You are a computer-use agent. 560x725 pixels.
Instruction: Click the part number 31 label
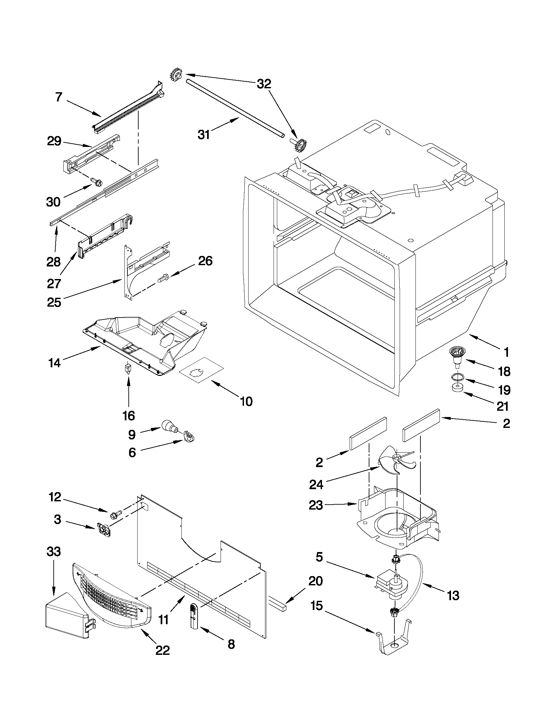pos(204,134)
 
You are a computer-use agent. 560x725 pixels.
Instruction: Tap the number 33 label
pos(54,552)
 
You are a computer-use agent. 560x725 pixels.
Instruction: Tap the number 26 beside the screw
pos(205,261)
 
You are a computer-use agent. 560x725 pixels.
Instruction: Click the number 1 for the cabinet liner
pos(506,352)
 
